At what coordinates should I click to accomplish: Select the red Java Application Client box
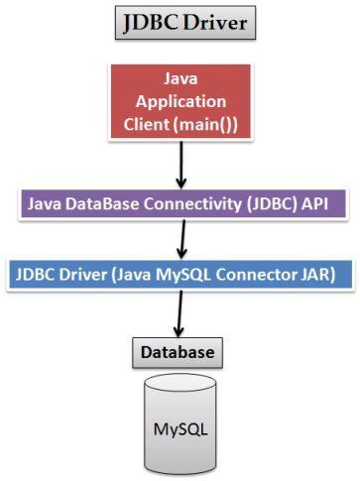(x=181, y=101)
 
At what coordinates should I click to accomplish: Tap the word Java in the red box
(x=181, y=79)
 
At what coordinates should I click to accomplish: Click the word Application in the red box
(x=181, y=101)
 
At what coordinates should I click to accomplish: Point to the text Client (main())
(x=181, y=124)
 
